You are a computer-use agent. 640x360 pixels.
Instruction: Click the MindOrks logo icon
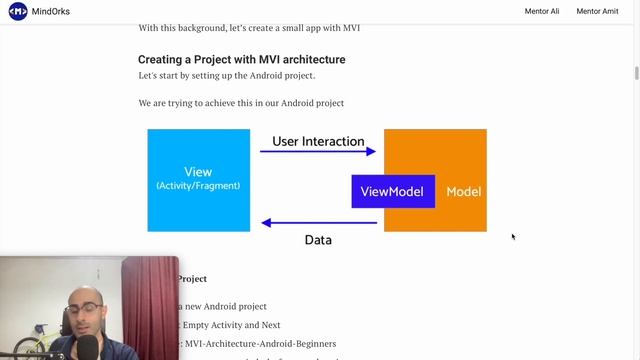[x=18, y=11]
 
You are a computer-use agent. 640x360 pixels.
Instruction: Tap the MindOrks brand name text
[x=50, y=11]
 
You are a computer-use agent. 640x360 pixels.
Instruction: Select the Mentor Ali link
[x=543, y=11]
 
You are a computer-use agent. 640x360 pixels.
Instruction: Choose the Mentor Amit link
[x=598, y=11]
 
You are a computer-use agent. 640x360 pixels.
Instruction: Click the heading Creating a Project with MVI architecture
[x=241, y=60]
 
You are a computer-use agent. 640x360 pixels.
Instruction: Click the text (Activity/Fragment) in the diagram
[x=198, y=186]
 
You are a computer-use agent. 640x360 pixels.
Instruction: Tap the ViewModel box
[x=392, y=191]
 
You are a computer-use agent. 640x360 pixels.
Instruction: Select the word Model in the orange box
[x=463, y=191]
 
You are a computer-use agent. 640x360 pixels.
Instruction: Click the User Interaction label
[x=318, y=142]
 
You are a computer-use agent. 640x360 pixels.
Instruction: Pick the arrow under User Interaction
[x=318, y=152]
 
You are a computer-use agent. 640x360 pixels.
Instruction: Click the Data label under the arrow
[x=318, y=240]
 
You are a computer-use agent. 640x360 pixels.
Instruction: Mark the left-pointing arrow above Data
[x=318, y=223]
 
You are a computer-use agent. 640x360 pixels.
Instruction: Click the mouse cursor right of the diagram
[x=513, y=237]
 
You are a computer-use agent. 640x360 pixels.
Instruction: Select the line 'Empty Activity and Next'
[x=230, y=325]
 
